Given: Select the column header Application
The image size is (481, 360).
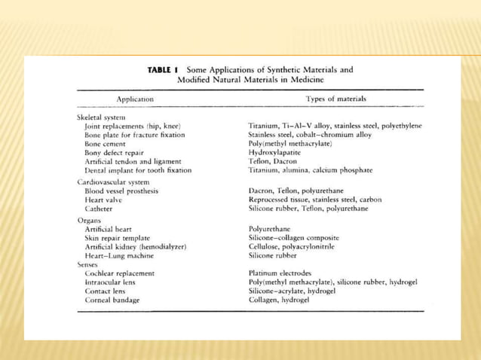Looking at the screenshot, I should (135, 99).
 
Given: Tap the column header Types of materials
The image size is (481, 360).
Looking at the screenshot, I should (335, 99).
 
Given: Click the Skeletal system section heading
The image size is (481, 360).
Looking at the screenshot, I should (101, 117).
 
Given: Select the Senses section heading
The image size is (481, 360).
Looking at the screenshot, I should (90, 264).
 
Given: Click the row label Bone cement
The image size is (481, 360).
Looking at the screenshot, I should (107, 143).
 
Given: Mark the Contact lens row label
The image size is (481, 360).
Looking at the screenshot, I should (106, 291).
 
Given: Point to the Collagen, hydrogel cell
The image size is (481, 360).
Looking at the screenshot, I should (279, 300).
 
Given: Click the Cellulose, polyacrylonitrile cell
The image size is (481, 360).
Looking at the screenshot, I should (292, 246).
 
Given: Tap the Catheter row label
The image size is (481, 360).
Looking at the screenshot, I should (100, 209).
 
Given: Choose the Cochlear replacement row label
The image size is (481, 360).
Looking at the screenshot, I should (120, 273).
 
